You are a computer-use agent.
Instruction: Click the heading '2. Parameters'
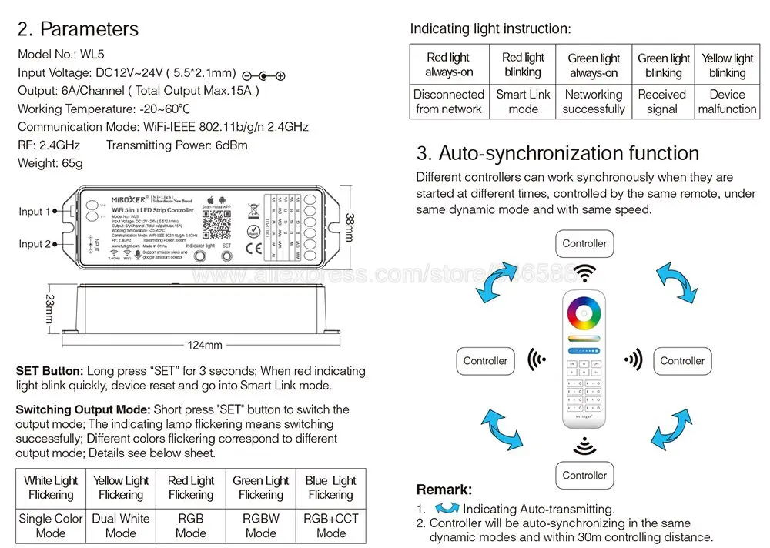(x=78, y=29)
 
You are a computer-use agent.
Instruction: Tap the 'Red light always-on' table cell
(x=448, y=65)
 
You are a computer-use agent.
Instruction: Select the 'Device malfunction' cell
(x=727, y=102)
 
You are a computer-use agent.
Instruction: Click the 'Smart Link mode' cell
(x=523, y=102)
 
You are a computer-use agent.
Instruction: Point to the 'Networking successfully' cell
(x=593, y=102)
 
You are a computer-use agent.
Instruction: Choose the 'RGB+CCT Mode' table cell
(x=330, y=526)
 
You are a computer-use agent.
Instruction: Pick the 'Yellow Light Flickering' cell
(x=121, y=487)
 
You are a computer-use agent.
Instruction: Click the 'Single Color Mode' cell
(x=51, y=526)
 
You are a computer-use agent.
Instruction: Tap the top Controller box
(x=584, y=244)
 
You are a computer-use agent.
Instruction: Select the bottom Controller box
(x=584, y=475)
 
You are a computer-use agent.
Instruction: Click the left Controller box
(x=485, y=360)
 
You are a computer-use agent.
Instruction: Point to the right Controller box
(x=682, y=360)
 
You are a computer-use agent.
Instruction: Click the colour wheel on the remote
(x=584, y=315)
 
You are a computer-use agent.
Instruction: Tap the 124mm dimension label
(x=205, y=345)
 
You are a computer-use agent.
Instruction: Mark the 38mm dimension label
(x=350, y=227)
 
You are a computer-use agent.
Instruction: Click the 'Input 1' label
(x=35, y=212)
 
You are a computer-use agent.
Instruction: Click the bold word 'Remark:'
(x=444, y=490)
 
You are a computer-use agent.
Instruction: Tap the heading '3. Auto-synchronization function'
(x=557, y=153)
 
